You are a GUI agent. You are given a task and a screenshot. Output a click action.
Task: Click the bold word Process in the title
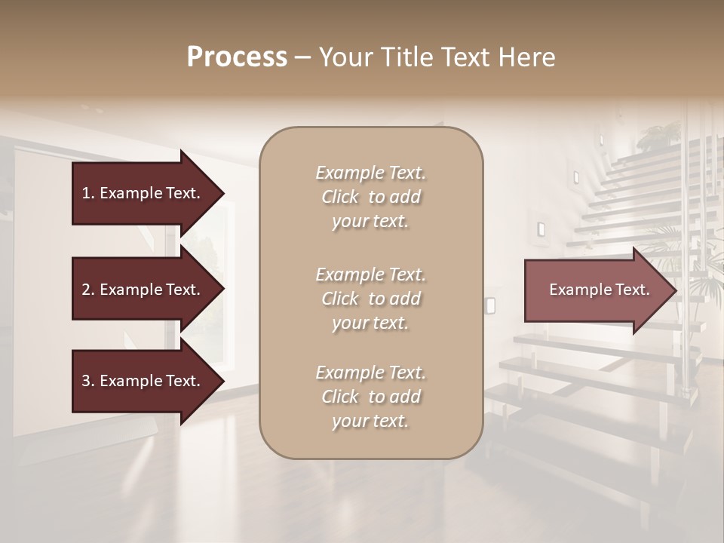click(x=237, y=57)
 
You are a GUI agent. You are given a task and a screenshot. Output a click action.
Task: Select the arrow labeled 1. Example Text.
click(x=143, y=193)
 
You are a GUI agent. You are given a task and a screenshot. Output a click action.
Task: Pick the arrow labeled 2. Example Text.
click(x=143, y=290)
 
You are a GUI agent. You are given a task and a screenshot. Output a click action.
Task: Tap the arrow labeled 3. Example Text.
click(x=143, y=381)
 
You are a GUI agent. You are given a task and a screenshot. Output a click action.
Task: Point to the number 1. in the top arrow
click(x=88, y=193)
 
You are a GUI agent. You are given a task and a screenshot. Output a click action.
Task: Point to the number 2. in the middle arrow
click(x=88, y=290)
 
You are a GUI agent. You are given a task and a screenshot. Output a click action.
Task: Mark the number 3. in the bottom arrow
click(x=88, y=381)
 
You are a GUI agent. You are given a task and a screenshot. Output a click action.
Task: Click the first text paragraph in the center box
click(x=370, y=197)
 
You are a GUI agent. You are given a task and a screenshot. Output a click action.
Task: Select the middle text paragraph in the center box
click(x=370, y=299)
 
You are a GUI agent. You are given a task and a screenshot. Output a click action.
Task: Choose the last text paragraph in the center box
click(x=370, y=397)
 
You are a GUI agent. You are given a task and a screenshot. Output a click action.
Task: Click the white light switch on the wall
click(x=490, y=305)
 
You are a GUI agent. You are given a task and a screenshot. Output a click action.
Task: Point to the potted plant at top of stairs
click(x=658, y=137)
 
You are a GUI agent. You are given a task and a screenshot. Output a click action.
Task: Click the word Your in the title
click(x=344, y=57)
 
